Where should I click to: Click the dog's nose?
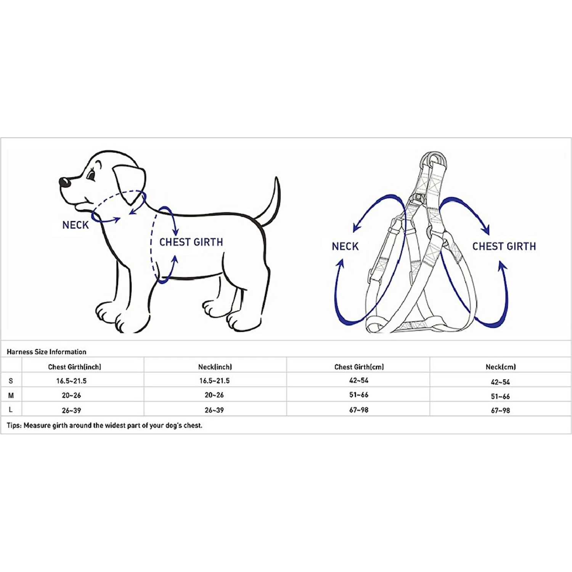click(x=65, y=182)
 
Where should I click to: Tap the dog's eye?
click(x=91, y=176)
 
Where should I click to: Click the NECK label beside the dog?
click(x=76, y=225)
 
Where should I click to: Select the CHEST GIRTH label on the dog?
click(x=191, y=242)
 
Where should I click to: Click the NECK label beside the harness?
click(x=345, y=246)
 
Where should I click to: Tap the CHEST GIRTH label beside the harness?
click(x=504, y=246)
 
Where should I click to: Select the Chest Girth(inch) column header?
click(x=74, y=367)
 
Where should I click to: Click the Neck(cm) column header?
click(x=501, y=367)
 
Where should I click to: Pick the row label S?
click(x=11, y=381)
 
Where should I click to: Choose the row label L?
click(x=11, y=410)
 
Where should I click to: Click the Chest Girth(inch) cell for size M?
click(x=71, y=395)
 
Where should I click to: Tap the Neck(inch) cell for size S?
click(x=214, y=381)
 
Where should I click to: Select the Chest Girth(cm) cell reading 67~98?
click(x=359, y=410)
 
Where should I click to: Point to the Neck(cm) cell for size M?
click(x=500, y=397)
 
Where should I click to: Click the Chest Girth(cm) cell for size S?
click(x=359, y=380)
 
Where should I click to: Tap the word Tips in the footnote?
click(x=14, y=426)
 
